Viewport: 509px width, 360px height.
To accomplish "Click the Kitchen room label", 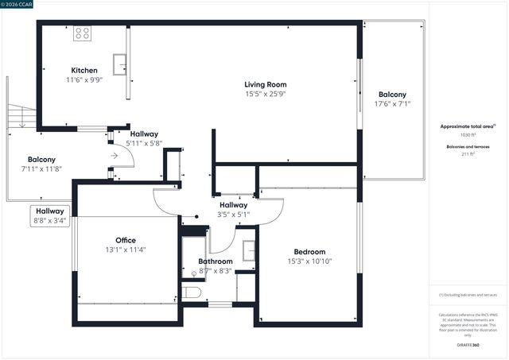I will (x=84, y=70).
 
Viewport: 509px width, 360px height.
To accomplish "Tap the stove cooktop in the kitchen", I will (x=83, y=33).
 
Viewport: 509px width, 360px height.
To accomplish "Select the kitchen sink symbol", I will (x=120, y=63).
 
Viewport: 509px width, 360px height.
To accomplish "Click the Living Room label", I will (x=265, y=84).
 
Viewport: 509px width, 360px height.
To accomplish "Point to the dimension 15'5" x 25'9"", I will (x=265, y=94).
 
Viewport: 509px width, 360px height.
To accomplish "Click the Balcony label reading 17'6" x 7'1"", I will (x=392, y=95).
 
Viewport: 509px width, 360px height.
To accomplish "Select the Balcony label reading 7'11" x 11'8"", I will (x=41, y=160).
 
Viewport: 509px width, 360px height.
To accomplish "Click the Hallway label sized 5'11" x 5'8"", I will (x=144, y=134).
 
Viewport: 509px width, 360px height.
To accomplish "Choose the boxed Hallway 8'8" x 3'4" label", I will (x=49, y=215).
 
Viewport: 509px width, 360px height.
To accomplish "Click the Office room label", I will (x=125, y=240).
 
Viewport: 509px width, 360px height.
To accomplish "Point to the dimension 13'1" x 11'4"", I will (x=125, y=250).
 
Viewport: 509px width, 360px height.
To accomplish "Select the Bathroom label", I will (x=215, y=261).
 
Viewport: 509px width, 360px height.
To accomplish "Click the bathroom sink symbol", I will (x=247, y=250).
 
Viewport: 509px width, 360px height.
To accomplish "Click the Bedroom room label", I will (x=309, y=252).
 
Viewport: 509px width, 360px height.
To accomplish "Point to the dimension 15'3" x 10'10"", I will (x=309, y=261).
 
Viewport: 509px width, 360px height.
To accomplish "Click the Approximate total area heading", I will (x=468, y=126).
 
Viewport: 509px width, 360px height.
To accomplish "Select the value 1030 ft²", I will (x=468, y=135).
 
